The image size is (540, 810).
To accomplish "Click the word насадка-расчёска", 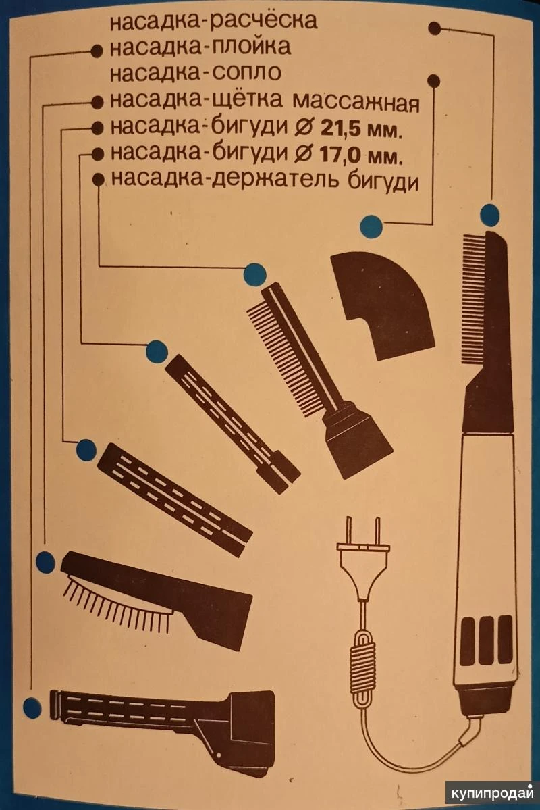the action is click(x=214, y=21).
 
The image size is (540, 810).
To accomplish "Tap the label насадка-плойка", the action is click(x=201, y=47).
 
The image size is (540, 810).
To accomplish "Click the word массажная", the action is click(x=356, y=102).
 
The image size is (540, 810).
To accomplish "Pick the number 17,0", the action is click(x=340, y=155).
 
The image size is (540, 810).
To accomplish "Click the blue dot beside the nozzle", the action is click(x=371, y=226).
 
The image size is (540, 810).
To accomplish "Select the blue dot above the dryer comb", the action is click(x=489, y=214).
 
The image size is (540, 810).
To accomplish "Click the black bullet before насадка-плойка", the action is click(x=97, y=51).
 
